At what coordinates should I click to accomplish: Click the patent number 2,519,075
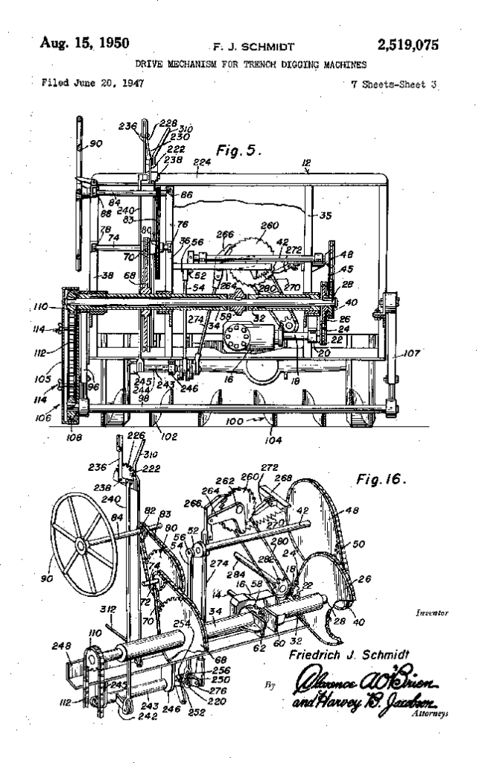(408, 45)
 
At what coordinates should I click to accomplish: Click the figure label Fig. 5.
(237, 150)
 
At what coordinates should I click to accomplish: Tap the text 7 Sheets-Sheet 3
(393, 83)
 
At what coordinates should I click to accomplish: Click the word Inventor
(432, 614)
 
